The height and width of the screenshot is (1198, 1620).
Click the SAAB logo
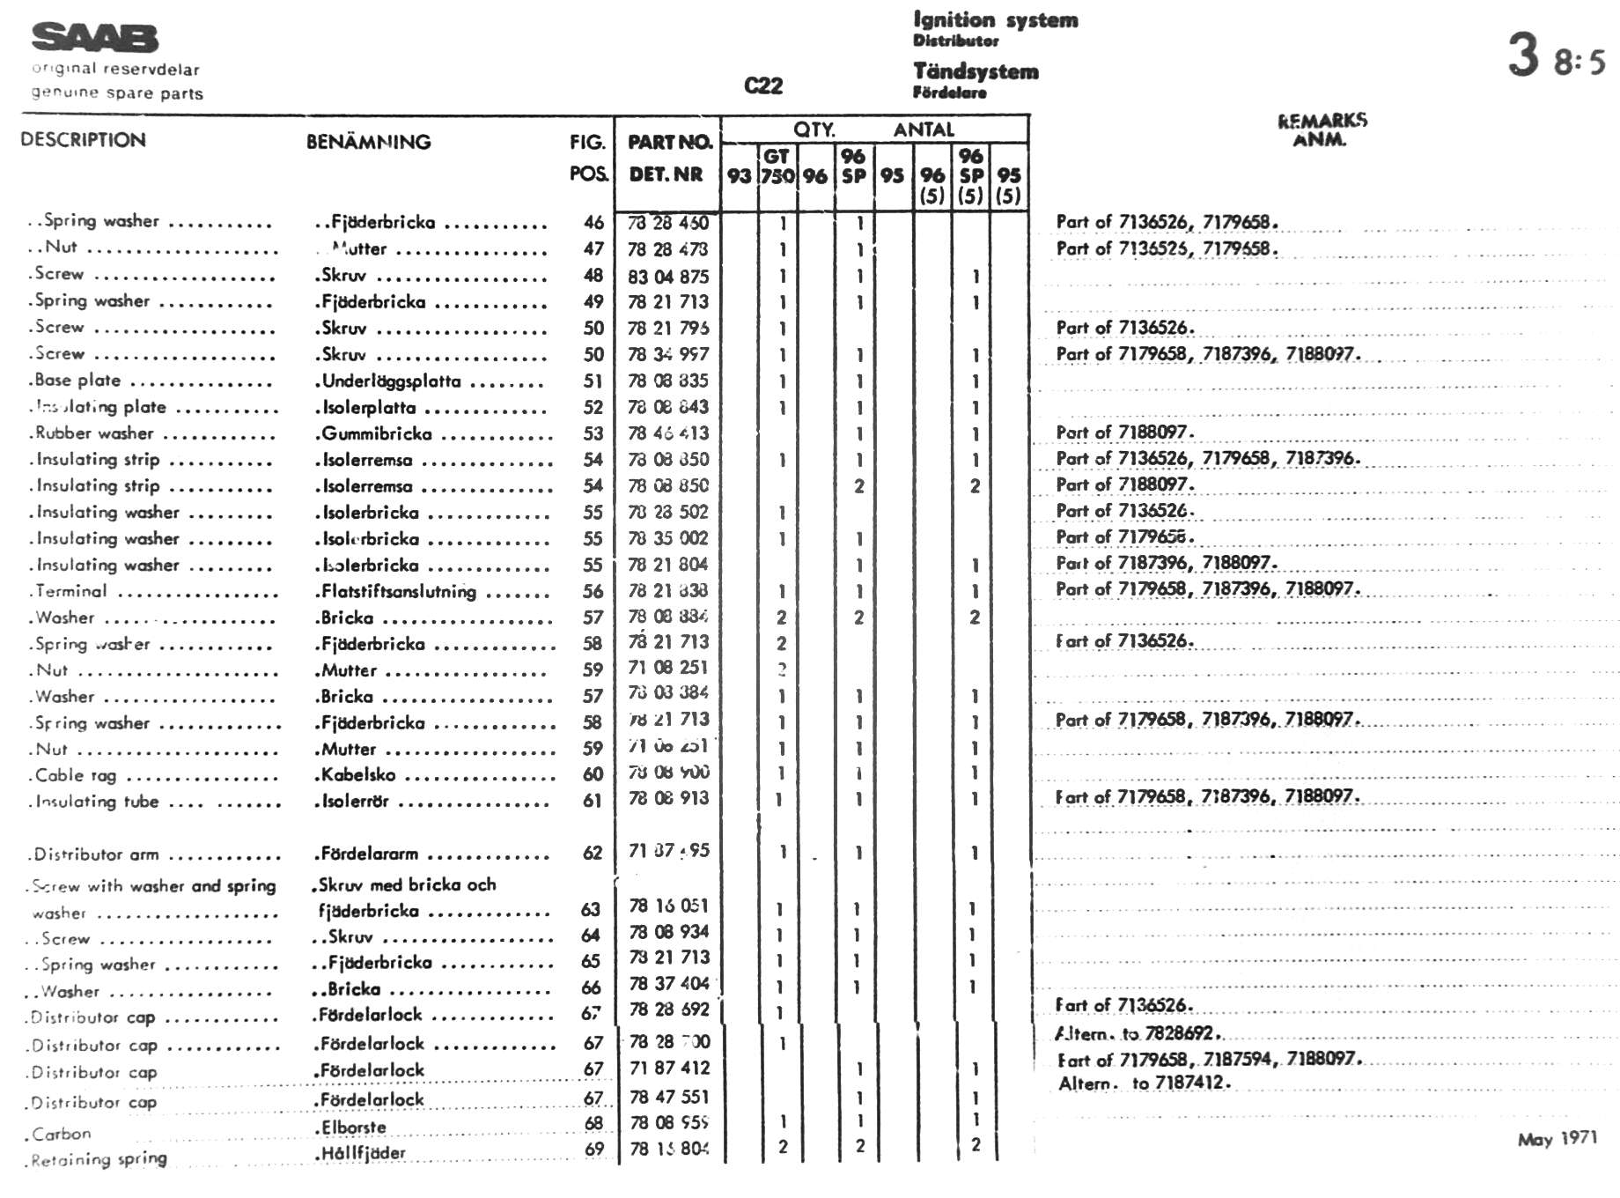click(95, 38)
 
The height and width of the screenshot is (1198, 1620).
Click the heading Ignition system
click(995, 19)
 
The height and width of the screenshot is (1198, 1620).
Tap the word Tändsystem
click(976, 71)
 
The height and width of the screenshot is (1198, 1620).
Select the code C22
click(762, 85)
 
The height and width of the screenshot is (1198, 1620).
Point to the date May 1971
click(1557, 1139)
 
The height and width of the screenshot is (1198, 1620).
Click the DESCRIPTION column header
click(83, 140)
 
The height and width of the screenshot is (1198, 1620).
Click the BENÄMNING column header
click(368, 142)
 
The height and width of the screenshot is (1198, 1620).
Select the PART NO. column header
click(669, 142)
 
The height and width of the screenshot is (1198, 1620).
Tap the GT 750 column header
click(777, 166)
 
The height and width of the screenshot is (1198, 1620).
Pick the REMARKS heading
click(1322, 121)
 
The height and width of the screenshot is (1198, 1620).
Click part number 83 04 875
click(667, 277)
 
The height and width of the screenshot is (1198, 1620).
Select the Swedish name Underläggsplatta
click(390, 381)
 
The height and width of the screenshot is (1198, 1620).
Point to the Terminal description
click(71, 591)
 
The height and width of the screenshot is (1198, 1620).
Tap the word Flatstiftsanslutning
click(398, 591)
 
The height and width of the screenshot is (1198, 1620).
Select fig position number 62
click(593, 853)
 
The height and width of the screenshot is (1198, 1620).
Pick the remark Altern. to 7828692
click(1138, 1033)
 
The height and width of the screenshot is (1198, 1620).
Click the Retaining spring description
click(98, 1160)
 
